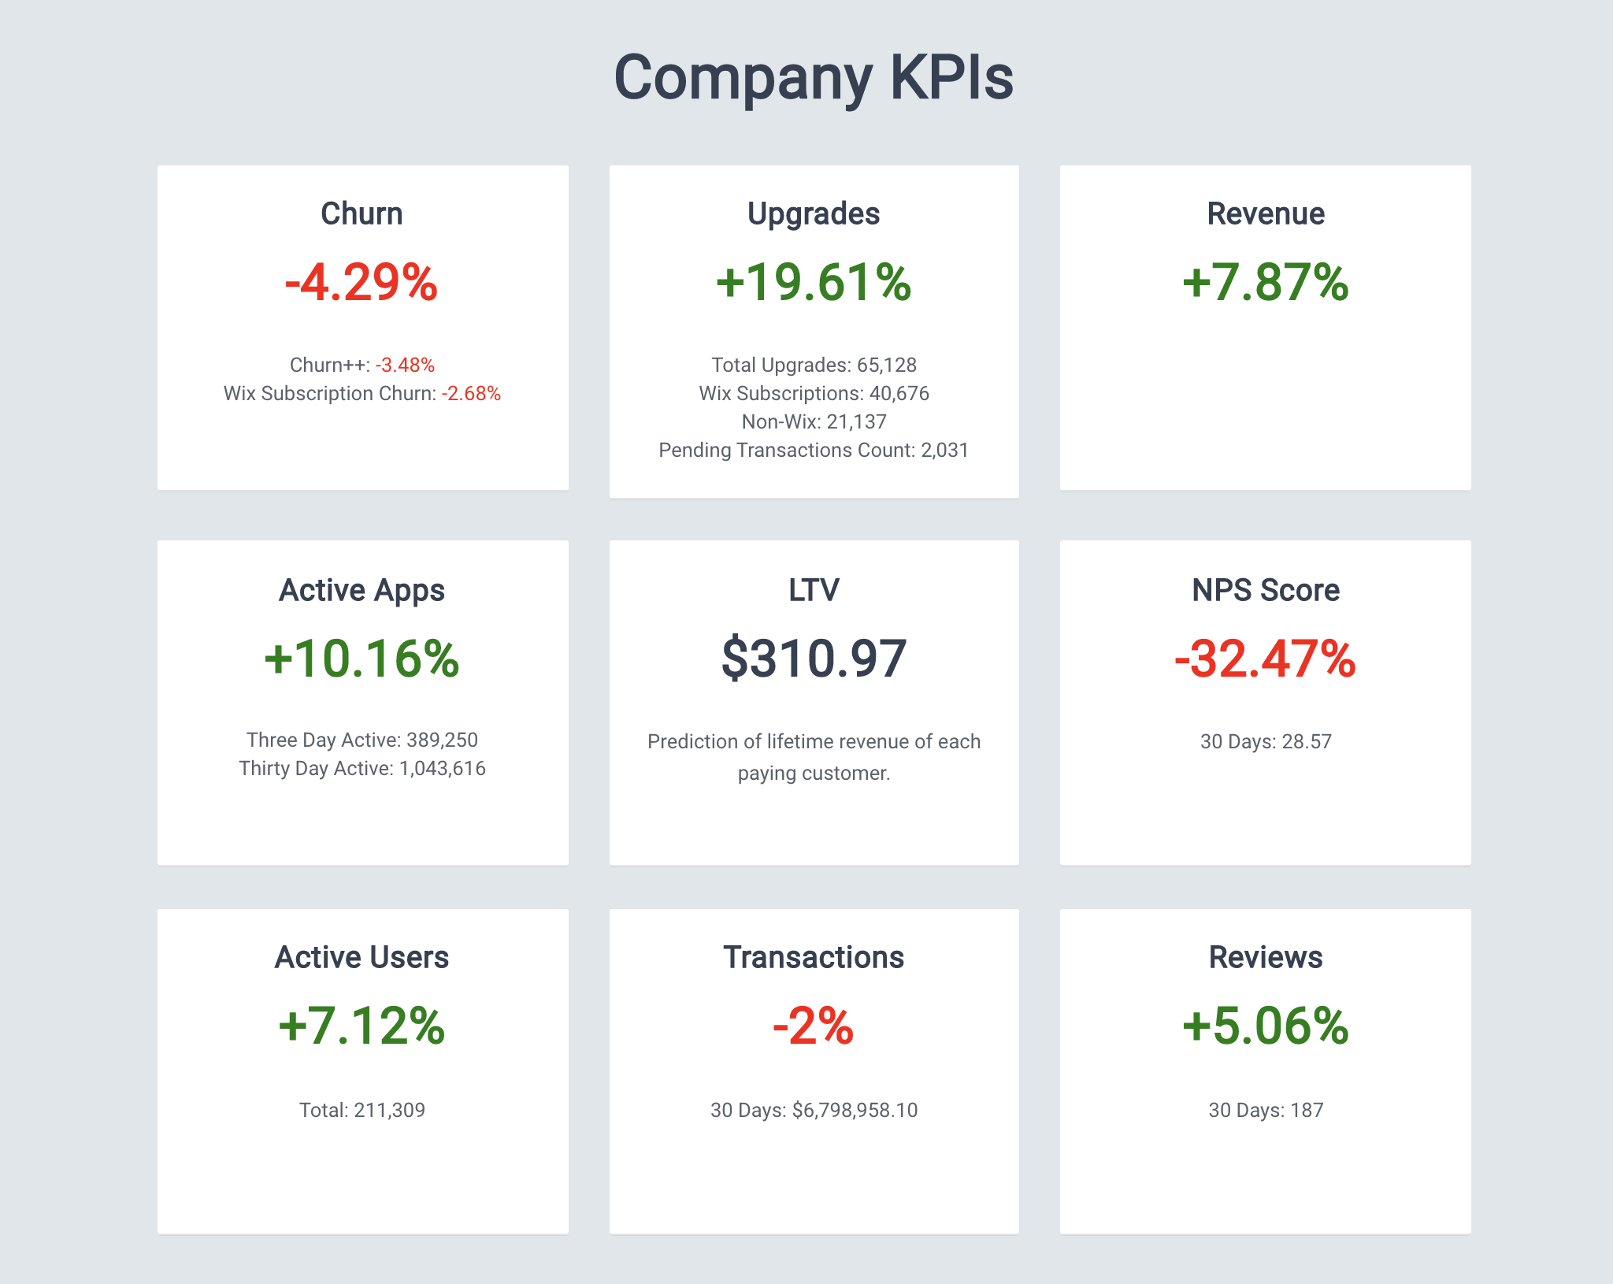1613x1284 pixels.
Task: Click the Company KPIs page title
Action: (x=814, y=78)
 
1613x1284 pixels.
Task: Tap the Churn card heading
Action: (x=362, y=213)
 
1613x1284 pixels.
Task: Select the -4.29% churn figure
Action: (x=362, y=283)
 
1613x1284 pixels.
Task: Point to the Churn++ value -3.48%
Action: (x=405, y=365)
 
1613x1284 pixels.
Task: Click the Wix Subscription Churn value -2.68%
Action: (x=471, y=393)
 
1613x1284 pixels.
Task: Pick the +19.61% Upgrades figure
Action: (x=814, y=283)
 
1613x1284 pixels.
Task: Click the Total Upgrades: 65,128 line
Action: (x=814, y=365)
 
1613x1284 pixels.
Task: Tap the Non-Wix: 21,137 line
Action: (x=814, y=421)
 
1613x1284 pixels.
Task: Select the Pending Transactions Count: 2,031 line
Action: (x=814, y=450)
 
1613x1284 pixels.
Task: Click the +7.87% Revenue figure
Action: (x=1265, y=283)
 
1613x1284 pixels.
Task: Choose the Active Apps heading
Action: (x=362, y=590)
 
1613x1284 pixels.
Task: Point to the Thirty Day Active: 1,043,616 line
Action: (x=362, y=768)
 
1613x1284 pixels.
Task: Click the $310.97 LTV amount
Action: (x=814, y=659)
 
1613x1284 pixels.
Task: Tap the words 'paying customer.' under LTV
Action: (x=814, y=773)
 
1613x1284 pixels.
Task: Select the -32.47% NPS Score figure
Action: (x=1265, y=659)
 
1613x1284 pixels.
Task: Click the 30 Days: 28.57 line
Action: (x=1265, y=741)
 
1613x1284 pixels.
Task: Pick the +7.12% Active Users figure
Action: (x=362, y=1026)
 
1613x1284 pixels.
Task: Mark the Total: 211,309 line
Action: (x=362, y=1110)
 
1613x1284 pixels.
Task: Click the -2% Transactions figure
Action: (x=814, y=1026)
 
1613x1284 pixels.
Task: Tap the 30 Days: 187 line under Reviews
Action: (x=1265, y=1110)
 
